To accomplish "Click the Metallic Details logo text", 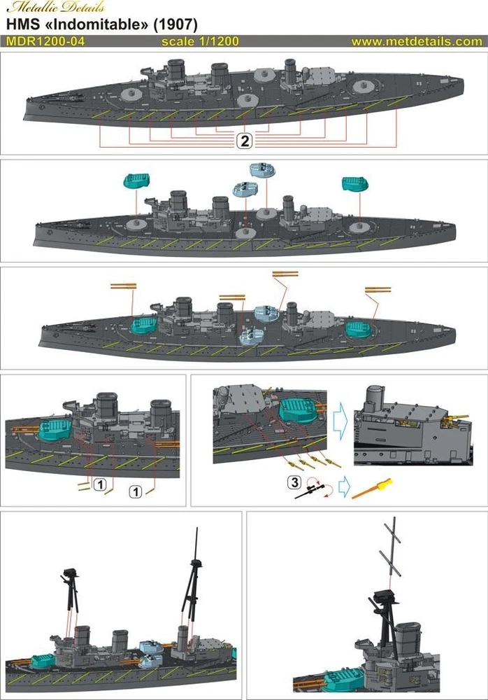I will pos(55,8).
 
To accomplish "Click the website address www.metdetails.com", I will pos(417,41).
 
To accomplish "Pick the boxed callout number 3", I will pos(294,482).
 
